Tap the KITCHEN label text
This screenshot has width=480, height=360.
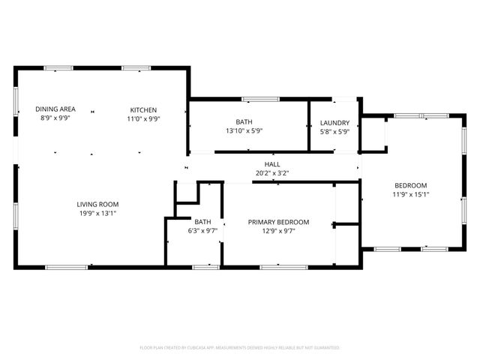tap(143, 109)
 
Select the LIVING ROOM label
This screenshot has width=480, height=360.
tap(97, 204)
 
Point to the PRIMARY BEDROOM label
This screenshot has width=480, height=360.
tap(279, 222)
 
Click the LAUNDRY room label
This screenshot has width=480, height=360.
tap(334, 123)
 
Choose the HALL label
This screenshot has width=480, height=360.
tap(271, 164)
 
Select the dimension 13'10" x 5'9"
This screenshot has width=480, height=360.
tap(244, 130)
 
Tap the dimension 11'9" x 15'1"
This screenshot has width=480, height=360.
tap(411, 194)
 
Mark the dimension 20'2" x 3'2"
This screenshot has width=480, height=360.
tap(271, 172)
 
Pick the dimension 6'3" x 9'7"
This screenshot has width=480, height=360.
tap(202, 230)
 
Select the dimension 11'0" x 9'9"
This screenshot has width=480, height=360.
tap(143, 118)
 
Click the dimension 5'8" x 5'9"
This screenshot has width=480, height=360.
tap(334, 131)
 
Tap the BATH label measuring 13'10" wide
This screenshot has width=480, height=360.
tap(244, 122)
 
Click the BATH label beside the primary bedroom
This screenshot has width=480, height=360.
tap(202, 222)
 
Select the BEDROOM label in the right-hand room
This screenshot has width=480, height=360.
tap(411, 186)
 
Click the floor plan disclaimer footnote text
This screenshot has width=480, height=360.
tap(240, 348)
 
